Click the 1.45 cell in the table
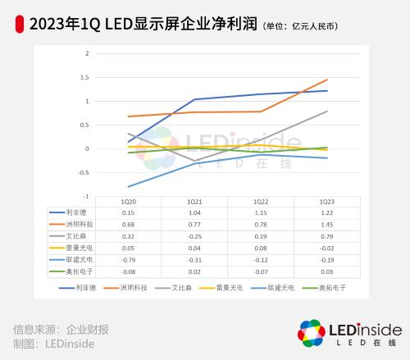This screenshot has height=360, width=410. click(x=326, y=223)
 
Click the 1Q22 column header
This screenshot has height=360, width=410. click(x=260, y=201)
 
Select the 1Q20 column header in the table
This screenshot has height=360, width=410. click(x=128, y=201)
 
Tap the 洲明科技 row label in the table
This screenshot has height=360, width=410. click(x=71, y=223)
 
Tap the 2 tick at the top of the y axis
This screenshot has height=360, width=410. click(x=87, y=53)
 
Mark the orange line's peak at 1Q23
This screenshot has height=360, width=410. click(x=327, y=80)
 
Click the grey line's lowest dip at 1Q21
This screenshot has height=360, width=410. click(x=194, y=161)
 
